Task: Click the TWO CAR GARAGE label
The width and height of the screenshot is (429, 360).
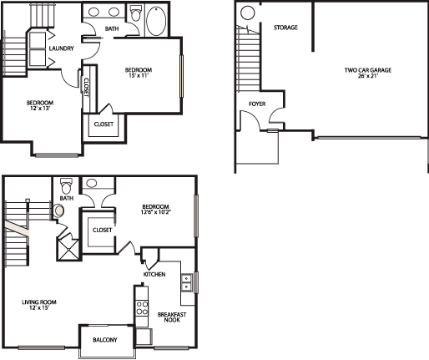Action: pos(368,70)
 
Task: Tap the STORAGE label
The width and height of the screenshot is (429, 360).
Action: pos(285,28)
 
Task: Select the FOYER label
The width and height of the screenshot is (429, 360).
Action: pos(257,104)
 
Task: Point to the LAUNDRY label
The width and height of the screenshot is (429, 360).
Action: pos(61,48)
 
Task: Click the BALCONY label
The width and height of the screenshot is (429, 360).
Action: pos(105,340)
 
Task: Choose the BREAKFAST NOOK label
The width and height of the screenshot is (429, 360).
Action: pos(172,317)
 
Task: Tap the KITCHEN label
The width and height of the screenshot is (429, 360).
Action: pos(154,274)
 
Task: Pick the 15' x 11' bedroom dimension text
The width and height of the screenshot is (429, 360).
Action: pos(139,75)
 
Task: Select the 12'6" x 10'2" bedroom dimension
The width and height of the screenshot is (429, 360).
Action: pos(156,212)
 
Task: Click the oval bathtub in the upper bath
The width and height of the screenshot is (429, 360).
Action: pos(156,21)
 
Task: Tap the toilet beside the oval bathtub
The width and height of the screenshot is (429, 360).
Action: pos(136,13)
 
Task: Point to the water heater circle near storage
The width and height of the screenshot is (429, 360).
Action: pos(247,13)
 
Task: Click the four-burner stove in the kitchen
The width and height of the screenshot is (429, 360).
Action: pos(141,308)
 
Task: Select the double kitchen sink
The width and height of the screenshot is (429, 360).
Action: pos(186,282)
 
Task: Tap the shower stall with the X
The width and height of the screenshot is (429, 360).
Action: pos(68,248)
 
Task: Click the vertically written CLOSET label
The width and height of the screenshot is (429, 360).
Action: pos(86,87)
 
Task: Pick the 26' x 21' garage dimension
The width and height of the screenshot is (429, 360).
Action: pos(368,75)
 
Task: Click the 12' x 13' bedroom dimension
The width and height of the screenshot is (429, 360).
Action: pos(40,109)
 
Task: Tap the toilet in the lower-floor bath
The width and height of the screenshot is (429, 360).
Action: pos(66,186)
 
